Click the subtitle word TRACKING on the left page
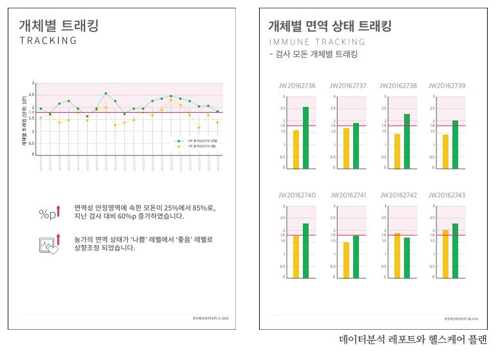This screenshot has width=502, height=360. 48,41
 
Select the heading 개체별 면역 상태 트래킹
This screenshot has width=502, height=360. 329,26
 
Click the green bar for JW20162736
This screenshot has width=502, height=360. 305,137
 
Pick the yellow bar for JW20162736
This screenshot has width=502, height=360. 296,149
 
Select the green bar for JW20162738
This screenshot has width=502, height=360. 407,141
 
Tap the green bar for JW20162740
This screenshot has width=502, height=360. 305,251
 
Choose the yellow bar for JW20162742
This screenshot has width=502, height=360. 397,255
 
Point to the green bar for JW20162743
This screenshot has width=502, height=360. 455,251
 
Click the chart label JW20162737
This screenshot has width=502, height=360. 347,86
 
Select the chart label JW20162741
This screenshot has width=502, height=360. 347,195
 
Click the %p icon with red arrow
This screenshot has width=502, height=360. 50,213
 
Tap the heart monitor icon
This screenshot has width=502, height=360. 50,245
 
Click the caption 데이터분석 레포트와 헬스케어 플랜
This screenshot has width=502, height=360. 413,339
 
